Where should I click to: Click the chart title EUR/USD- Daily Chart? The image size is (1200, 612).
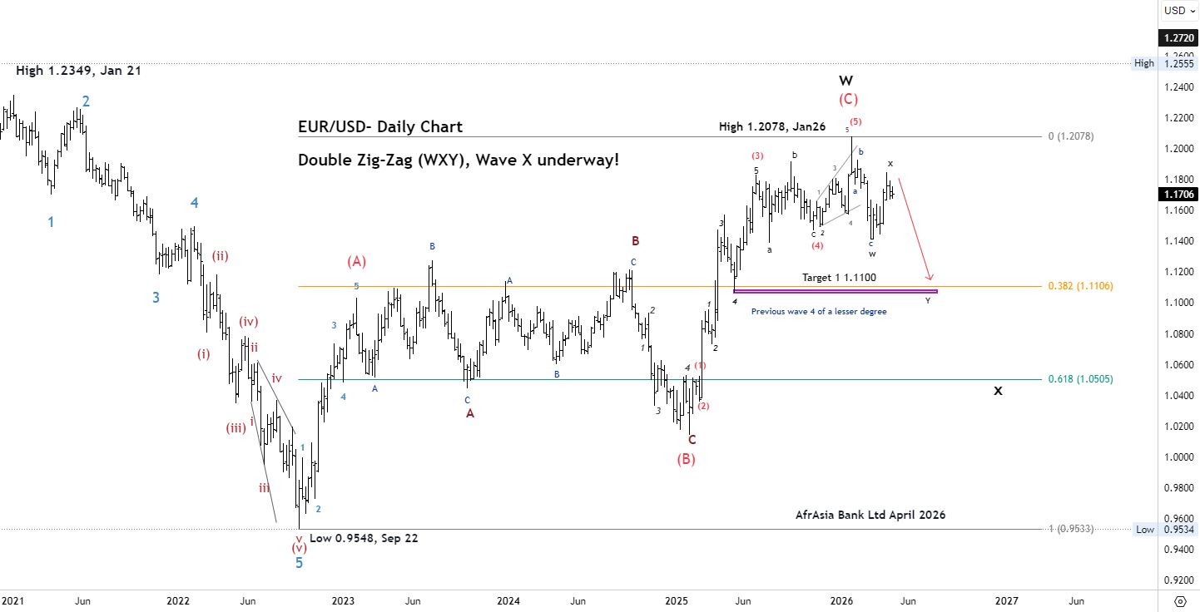point(380,127)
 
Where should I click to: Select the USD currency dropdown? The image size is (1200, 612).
point(1179,11)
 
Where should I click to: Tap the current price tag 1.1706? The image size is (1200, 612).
point(1180,195)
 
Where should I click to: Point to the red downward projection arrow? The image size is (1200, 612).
point(915,229)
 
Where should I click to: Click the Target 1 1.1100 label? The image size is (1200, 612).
point(839,277)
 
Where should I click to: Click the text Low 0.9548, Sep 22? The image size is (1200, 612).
point(364,538)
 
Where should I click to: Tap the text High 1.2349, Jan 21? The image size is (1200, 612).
point(78,72)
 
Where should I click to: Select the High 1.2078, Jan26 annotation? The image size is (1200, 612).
point(772,126)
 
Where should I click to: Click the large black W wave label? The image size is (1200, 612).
point(845,81)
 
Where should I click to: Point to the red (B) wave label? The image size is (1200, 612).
point(686,459)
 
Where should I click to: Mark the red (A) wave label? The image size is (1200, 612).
point(356,262)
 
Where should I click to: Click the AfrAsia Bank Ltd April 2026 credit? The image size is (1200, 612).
point(870,515)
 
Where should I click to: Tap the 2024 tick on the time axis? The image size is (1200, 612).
point(508,600)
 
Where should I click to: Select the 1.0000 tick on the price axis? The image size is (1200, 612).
point(1180,457)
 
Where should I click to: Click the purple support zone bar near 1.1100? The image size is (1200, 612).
point(836,291)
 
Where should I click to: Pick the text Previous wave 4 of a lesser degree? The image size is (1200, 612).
point(819,311)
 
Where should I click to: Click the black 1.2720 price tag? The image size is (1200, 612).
point(1180,38)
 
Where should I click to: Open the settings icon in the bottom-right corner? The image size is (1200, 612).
point(1180,600)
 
